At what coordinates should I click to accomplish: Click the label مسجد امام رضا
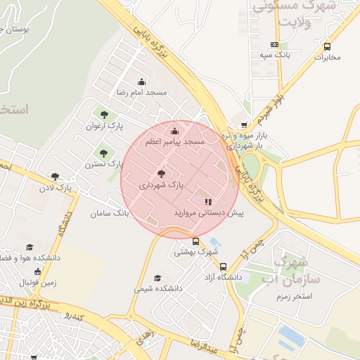[x=142, y=93]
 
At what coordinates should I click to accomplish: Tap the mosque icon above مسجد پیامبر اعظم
[x=174, y=131]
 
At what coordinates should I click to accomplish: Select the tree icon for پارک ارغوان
[x=104, y=115]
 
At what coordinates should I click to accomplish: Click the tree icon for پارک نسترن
[x=104, y=152]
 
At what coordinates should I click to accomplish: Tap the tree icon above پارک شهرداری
[x=161, y=174]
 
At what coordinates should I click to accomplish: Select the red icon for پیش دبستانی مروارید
[x=207, y=202]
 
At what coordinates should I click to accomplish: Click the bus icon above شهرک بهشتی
[x=195, y=241]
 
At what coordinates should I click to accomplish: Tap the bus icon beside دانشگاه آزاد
[x=223, y=267]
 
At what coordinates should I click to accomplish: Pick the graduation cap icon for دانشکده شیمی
[x=157, y=278]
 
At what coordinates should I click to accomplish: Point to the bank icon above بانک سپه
[x=274, y=44]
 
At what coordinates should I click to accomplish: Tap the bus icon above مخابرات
[x=327, y=47]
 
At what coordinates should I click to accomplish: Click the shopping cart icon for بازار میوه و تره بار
[x=244, y=124]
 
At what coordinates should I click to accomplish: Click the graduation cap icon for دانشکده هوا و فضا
[x=30, y=247]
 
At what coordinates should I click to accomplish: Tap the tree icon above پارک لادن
[x=55, y=176]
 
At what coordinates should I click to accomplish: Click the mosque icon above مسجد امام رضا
[x=141, y=82]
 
